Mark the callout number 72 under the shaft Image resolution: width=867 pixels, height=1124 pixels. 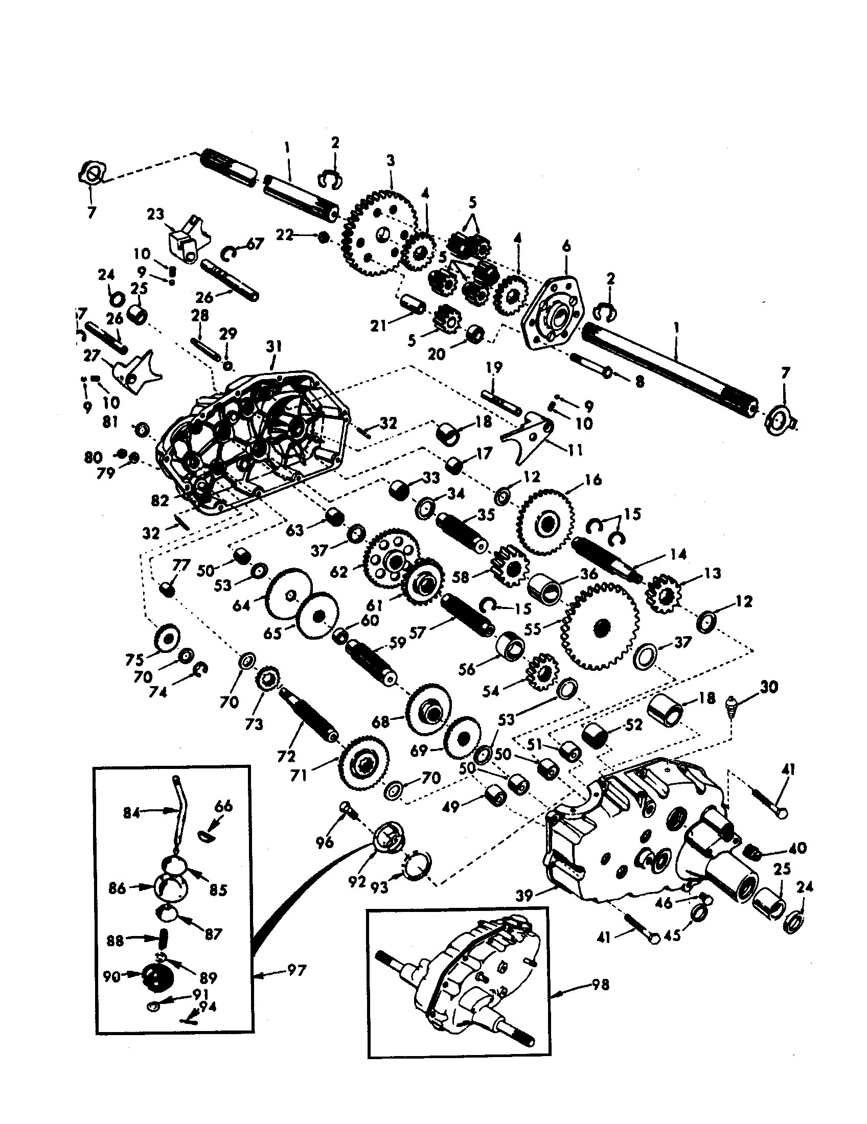(x=286, y=756)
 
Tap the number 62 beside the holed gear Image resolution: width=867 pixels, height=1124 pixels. (x=339, y=572)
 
